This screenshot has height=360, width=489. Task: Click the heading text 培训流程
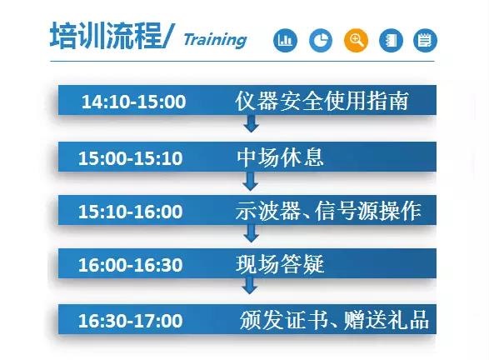pos(99,37)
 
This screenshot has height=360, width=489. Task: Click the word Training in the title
pos(215,39)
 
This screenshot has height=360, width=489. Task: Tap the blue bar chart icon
pos(285,40)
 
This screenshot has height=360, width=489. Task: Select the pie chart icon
pos(321,40)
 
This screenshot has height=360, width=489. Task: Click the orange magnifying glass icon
pos(356,40)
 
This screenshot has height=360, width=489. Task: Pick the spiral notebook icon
pos(391,40)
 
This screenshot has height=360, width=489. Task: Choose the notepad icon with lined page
pos(426,40)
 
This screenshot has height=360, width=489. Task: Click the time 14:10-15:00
pos(133,102)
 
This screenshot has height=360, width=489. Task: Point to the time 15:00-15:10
pos(130,157)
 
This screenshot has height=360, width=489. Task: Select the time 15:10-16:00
pos(130,212)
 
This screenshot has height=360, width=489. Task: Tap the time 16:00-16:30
pos(130,266)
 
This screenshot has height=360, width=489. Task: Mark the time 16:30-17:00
pos(130,320)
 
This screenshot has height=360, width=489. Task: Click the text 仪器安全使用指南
pos(322,101)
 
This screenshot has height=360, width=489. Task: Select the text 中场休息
pos(280,156)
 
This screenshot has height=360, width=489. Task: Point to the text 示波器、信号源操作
pos(328,211)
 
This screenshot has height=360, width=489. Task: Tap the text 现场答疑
pos(280,265)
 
